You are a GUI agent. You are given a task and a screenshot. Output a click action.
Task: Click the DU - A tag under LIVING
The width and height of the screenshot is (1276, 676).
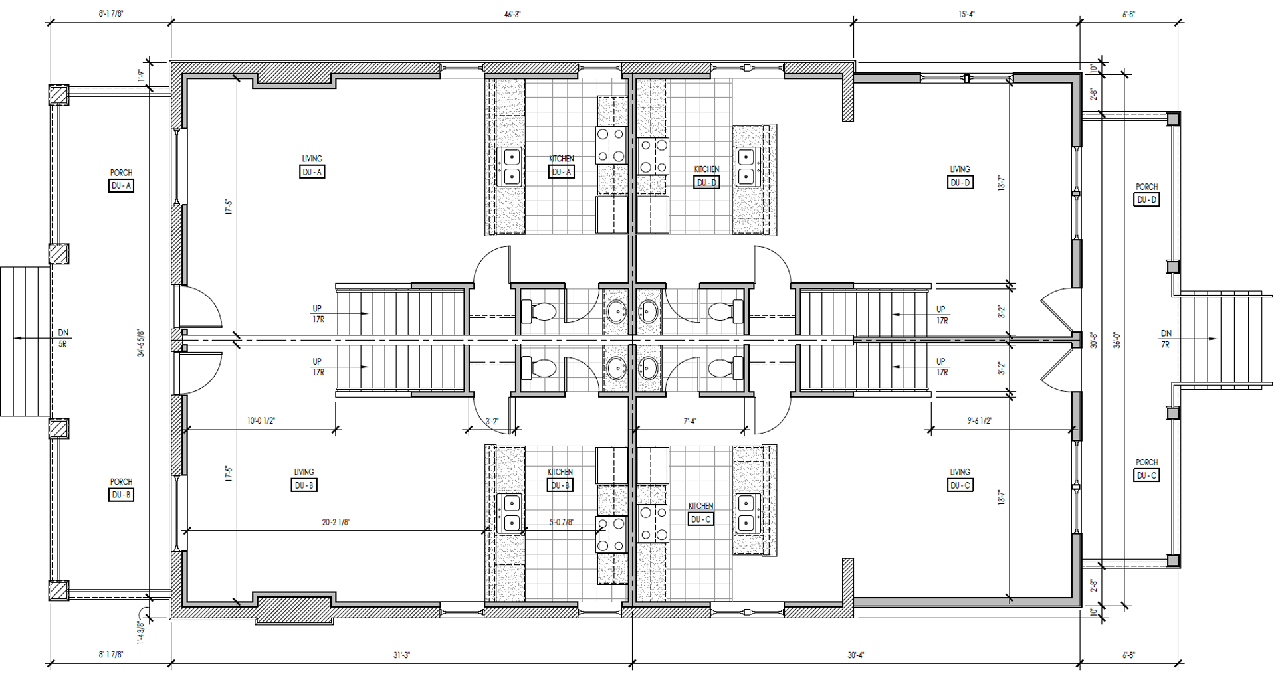tap(312, 172)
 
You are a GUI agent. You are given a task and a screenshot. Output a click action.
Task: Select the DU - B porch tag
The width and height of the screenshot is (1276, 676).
tap(121, 495)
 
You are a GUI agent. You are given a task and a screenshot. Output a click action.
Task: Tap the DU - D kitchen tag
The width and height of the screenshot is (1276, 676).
tap(706, 183)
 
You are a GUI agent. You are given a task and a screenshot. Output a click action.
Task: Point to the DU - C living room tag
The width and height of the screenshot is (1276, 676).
tap(960, 485)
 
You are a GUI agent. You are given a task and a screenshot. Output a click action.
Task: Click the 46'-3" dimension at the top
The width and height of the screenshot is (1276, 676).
tap(512, 15)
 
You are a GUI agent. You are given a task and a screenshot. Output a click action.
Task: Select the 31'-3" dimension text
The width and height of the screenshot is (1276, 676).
tap(401, 655)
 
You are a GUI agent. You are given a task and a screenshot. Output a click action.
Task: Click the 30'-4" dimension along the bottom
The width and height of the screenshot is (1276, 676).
tap(856, 655)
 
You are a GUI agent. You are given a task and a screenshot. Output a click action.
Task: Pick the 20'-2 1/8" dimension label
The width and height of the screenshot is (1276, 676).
tap(336, 523)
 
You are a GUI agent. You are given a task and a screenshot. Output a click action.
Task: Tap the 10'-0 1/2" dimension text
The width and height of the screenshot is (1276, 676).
tap(261, 421)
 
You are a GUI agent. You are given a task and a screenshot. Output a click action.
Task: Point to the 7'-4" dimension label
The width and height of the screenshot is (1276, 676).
tap(690, 421)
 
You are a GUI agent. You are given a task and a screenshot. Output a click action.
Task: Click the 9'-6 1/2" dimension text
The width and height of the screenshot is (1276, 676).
tap(980, 421)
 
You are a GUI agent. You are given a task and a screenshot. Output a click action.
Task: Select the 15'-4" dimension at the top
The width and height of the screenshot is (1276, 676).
tap(966, 15)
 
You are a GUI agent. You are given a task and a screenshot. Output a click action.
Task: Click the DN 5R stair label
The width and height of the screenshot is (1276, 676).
tap(63, 339)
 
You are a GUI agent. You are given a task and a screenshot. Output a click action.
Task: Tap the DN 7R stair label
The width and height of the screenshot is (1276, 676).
tap(1166, 339)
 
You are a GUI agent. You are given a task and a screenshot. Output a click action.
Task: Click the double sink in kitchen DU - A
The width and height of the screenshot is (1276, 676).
tap(511, 167)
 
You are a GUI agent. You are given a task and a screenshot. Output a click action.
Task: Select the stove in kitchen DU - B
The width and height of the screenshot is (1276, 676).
tap(611, 534)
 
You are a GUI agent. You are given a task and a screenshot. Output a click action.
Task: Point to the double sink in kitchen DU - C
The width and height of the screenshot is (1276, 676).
tap(746, 513)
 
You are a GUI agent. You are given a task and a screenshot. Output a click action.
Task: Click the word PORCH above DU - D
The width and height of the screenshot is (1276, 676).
tap(1146, 187)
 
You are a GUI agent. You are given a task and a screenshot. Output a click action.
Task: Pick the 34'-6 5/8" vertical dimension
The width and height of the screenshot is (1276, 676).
tap(140, 343)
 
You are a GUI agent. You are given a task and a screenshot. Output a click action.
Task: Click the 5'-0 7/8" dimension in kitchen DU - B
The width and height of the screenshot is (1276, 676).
tap(562, 523)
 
